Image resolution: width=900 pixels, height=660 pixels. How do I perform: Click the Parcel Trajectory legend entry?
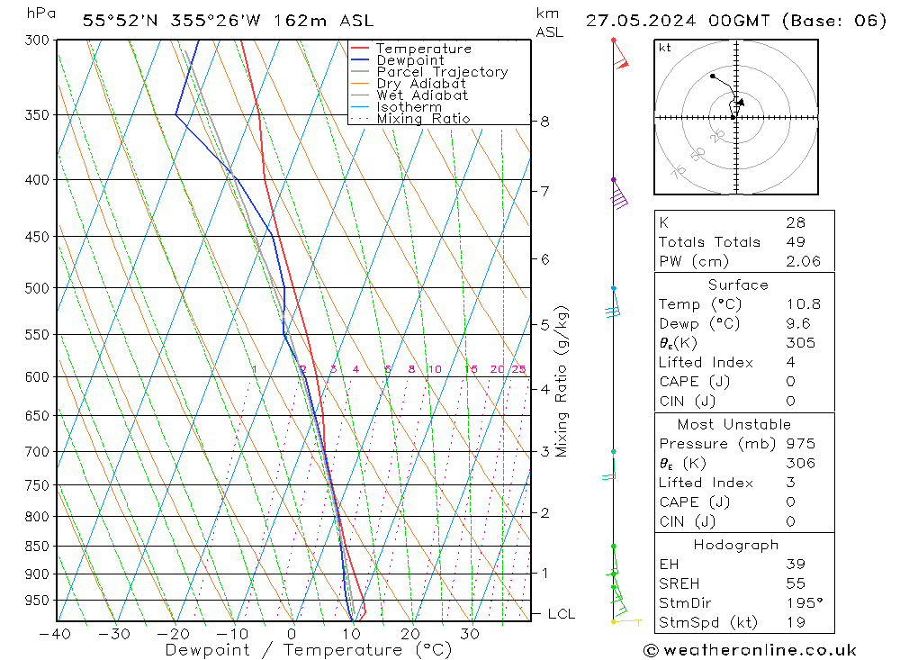tap(442, 72)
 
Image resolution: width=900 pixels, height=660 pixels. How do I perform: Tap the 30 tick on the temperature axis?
tap(470, 634)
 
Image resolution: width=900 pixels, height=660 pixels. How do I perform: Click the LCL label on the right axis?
tap(562, 614)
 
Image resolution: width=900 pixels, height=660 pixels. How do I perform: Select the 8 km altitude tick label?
tap(544, 122)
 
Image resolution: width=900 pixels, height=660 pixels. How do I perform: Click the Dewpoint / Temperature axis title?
tap(308, 650)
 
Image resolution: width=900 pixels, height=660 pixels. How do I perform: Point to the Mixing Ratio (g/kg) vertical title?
tap(562, 382)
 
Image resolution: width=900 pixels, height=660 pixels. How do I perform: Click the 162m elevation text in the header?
tap(280, 19)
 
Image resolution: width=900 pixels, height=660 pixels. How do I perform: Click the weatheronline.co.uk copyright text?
tap(750, 650)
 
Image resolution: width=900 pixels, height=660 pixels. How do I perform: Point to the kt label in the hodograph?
tap(665, 48)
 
